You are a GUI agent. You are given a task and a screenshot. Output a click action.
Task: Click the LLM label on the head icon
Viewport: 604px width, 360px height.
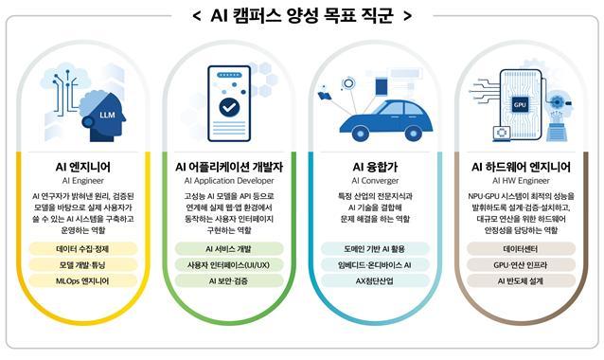(x=107, y=115)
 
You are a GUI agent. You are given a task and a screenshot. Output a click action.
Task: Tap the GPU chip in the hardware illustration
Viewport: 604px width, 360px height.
(x=520, y=104)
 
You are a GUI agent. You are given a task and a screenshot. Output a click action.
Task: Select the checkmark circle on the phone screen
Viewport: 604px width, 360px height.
(x=229, y=108)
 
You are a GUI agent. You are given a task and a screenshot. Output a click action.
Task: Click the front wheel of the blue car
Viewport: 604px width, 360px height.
(x=361, y=134)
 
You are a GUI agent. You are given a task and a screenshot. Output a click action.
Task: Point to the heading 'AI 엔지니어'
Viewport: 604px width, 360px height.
(x=82, y=167)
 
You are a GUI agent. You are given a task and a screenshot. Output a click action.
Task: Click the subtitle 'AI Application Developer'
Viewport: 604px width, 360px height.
(x=229, y=180)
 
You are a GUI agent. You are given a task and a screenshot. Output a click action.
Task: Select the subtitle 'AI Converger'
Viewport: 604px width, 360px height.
(x=375, y=180)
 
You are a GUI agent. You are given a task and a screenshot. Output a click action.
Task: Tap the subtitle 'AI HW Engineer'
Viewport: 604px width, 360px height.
(x=521, y=180)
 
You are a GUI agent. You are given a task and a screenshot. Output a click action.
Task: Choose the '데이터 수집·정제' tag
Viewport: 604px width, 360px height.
(x=82, y=249)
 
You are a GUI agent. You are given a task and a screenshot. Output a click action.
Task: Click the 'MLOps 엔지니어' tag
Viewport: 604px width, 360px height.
(x=82, y=281)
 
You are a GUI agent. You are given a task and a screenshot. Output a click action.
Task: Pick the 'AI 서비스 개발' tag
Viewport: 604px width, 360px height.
(x=229, y=249)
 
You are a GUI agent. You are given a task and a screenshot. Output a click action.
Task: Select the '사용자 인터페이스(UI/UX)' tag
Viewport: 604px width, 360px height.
(x=229, y=265)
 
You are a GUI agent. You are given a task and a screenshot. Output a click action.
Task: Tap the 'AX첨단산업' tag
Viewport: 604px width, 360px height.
(x=375, y=281)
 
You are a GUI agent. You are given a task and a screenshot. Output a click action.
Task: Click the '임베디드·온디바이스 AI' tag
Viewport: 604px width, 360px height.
(x=375, y=265)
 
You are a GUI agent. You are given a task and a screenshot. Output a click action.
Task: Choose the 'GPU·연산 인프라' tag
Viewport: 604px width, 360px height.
(x=521, y=265)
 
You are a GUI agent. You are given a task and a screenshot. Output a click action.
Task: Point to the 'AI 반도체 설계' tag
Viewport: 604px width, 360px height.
(x=521, y=281)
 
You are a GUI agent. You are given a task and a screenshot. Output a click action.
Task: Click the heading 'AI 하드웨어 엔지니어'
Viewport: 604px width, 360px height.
(x=521, y=167)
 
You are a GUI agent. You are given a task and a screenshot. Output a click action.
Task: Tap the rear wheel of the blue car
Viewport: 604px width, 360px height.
(x=414, y=134)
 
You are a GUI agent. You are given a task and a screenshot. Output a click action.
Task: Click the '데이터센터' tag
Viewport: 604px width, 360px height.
(x=521, y=249)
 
